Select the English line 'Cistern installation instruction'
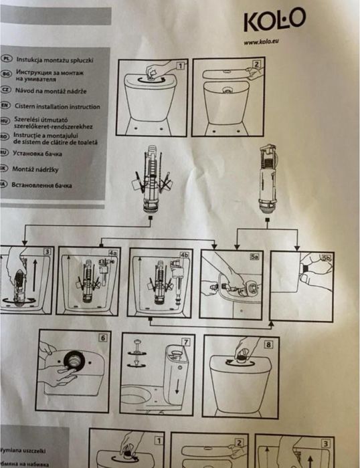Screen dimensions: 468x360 pyautogui.click(x=58, y=107)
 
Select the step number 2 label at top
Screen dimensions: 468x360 pyautogui.click(x=256, y=66)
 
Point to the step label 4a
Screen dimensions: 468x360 pyautogui.click(x=113, y=253)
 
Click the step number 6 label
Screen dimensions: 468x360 pyautogui.click(x=102, y=338)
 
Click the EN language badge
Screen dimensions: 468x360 pyautogui.click(x=5, y=106)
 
